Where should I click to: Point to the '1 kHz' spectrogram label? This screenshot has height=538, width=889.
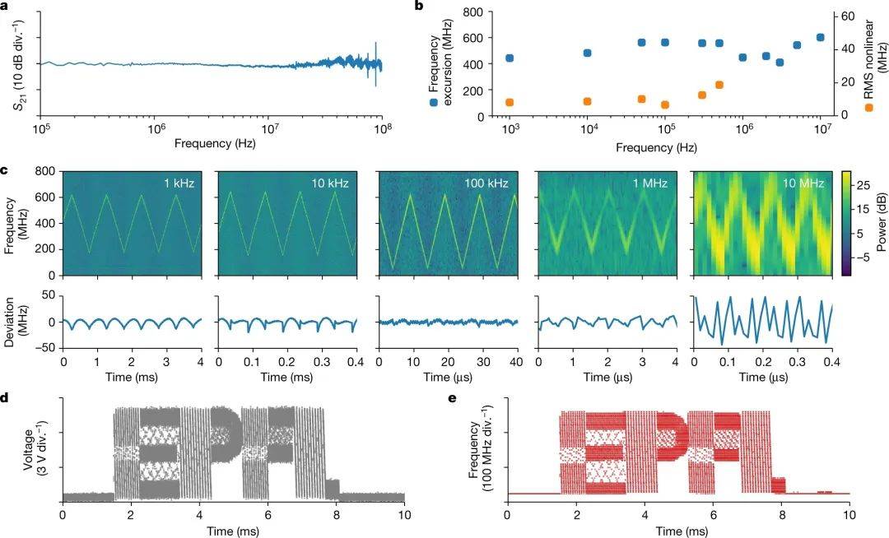click(x=178, y=183)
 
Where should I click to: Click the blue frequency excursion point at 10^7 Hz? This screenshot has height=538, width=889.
click(x=820, y=38)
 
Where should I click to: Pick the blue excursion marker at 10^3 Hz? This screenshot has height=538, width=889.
click(x=510, y=58)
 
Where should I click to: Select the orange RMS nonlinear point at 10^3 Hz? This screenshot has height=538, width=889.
click(x=510, y=103)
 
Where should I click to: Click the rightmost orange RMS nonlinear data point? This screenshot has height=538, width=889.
click(x=719, y=85)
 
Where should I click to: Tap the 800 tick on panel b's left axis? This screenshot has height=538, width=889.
click(x=471, y=12)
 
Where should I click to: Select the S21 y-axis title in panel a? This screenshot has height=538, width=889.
click(x=17, y=63)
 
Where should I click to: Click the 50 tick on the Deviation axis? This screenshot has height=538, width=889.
click(x=49, y=295)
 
